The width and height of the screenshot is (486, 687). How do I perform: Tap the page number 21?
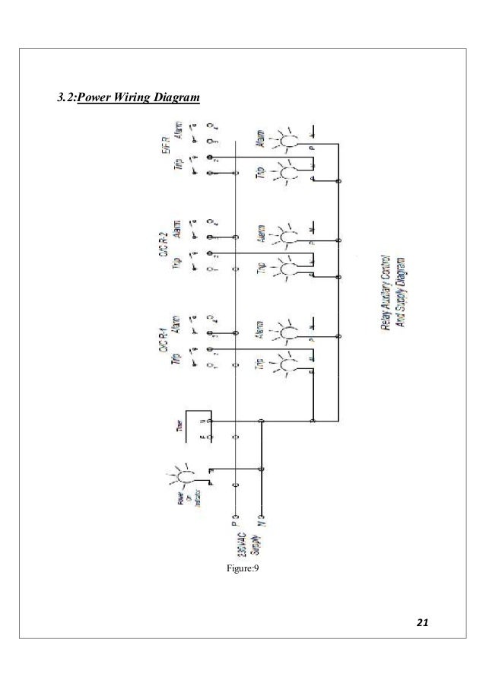tap(424, 624)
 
